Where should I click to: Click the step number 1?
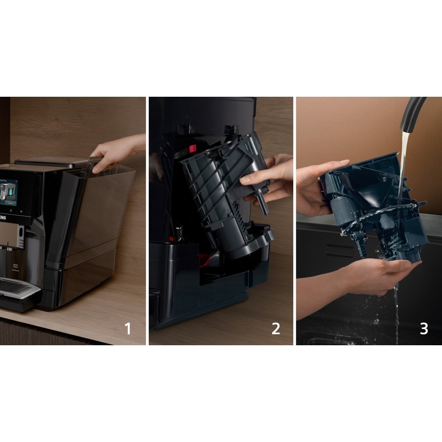point(128,328)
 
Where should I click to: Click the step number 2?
point(276,328)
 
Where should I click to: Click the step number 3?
point(424,328)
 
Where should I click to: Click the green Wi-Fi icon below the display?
point(21,213)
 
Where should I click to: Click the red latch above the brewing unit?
point(192,148)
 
